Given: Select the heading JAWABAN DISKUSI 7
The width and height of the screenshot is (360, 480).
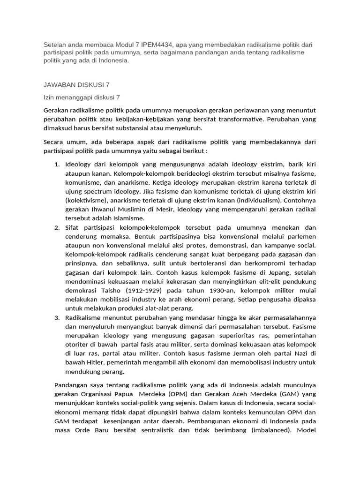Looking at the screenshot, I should (x=76, y=84).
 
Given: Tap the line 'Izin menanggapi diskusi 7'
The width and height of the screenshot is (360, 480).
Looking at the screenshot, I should (x=82, y=97).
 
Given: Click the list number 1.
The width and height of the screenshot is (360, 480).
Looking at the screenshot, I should (x=57, y=165).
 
